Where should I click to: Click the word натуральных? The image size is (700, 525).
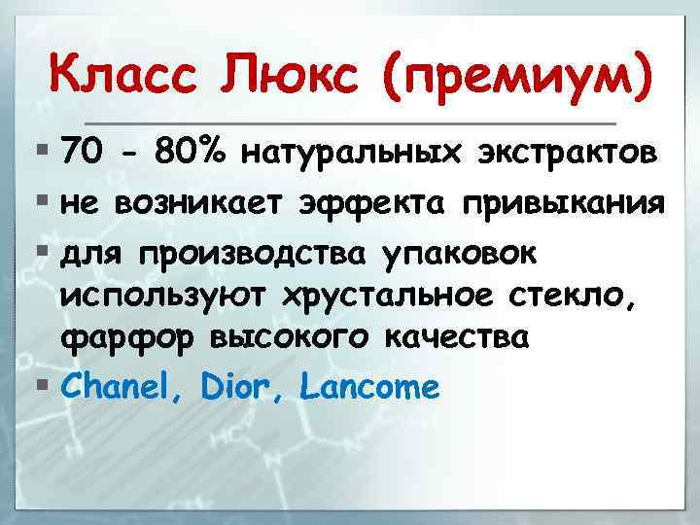[x=352, y=154]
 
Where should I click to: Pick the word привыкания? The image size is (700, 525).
[x=564, y=204]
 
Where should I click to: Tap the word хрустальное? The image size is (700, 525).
[x=384, y=296]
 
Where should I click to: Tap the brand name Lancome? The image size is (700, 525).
[x=370, y=388]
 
